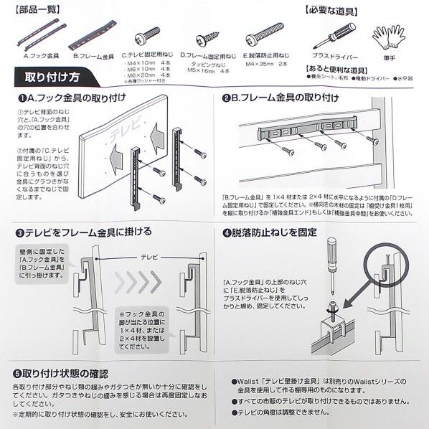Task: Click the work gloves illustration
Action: [x=388, y=37]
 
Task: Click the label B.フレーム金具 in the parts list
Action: [x=95, y=54]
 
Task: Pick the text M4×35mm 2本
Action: [x=267, y=63]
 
